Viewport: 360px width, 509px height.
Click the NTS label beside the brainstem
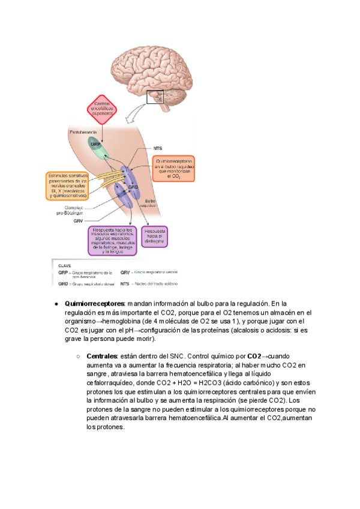click(159, 146)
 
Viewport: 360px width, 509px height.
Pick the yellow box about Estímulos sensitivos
click(67, 185)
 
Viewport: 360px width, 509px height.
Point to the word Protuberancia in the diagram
click(81, 131)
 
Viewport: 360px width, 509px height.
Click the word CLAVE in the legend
click(65, 264)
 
